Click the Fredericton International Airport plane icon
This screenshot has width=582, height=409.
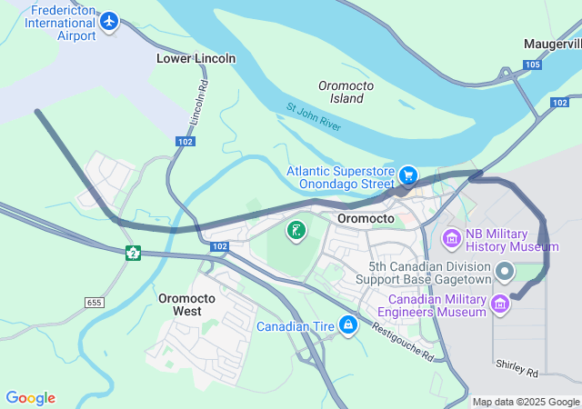(110, 20)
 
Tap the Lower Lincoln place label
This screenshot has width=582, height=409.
(196, 58)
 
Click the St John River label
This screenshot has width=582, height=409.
(314, 117)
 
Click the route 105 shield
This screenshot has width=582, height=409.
(532, 65)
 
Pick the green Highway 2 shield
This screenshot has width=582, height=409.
(134, 253)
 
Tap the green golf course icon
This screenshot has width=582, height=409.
(296, 231)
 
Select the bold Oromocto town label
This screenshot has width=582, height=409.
(365, 219)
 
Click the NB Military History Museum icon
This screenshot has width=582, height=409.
(451, 239)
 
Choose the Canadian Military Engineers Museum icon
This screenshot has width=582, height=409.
(499, 304)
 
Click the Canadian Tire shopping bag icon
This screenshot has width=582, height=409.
(347, 324)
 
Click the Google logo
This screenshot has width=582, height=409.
(30, 398)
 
